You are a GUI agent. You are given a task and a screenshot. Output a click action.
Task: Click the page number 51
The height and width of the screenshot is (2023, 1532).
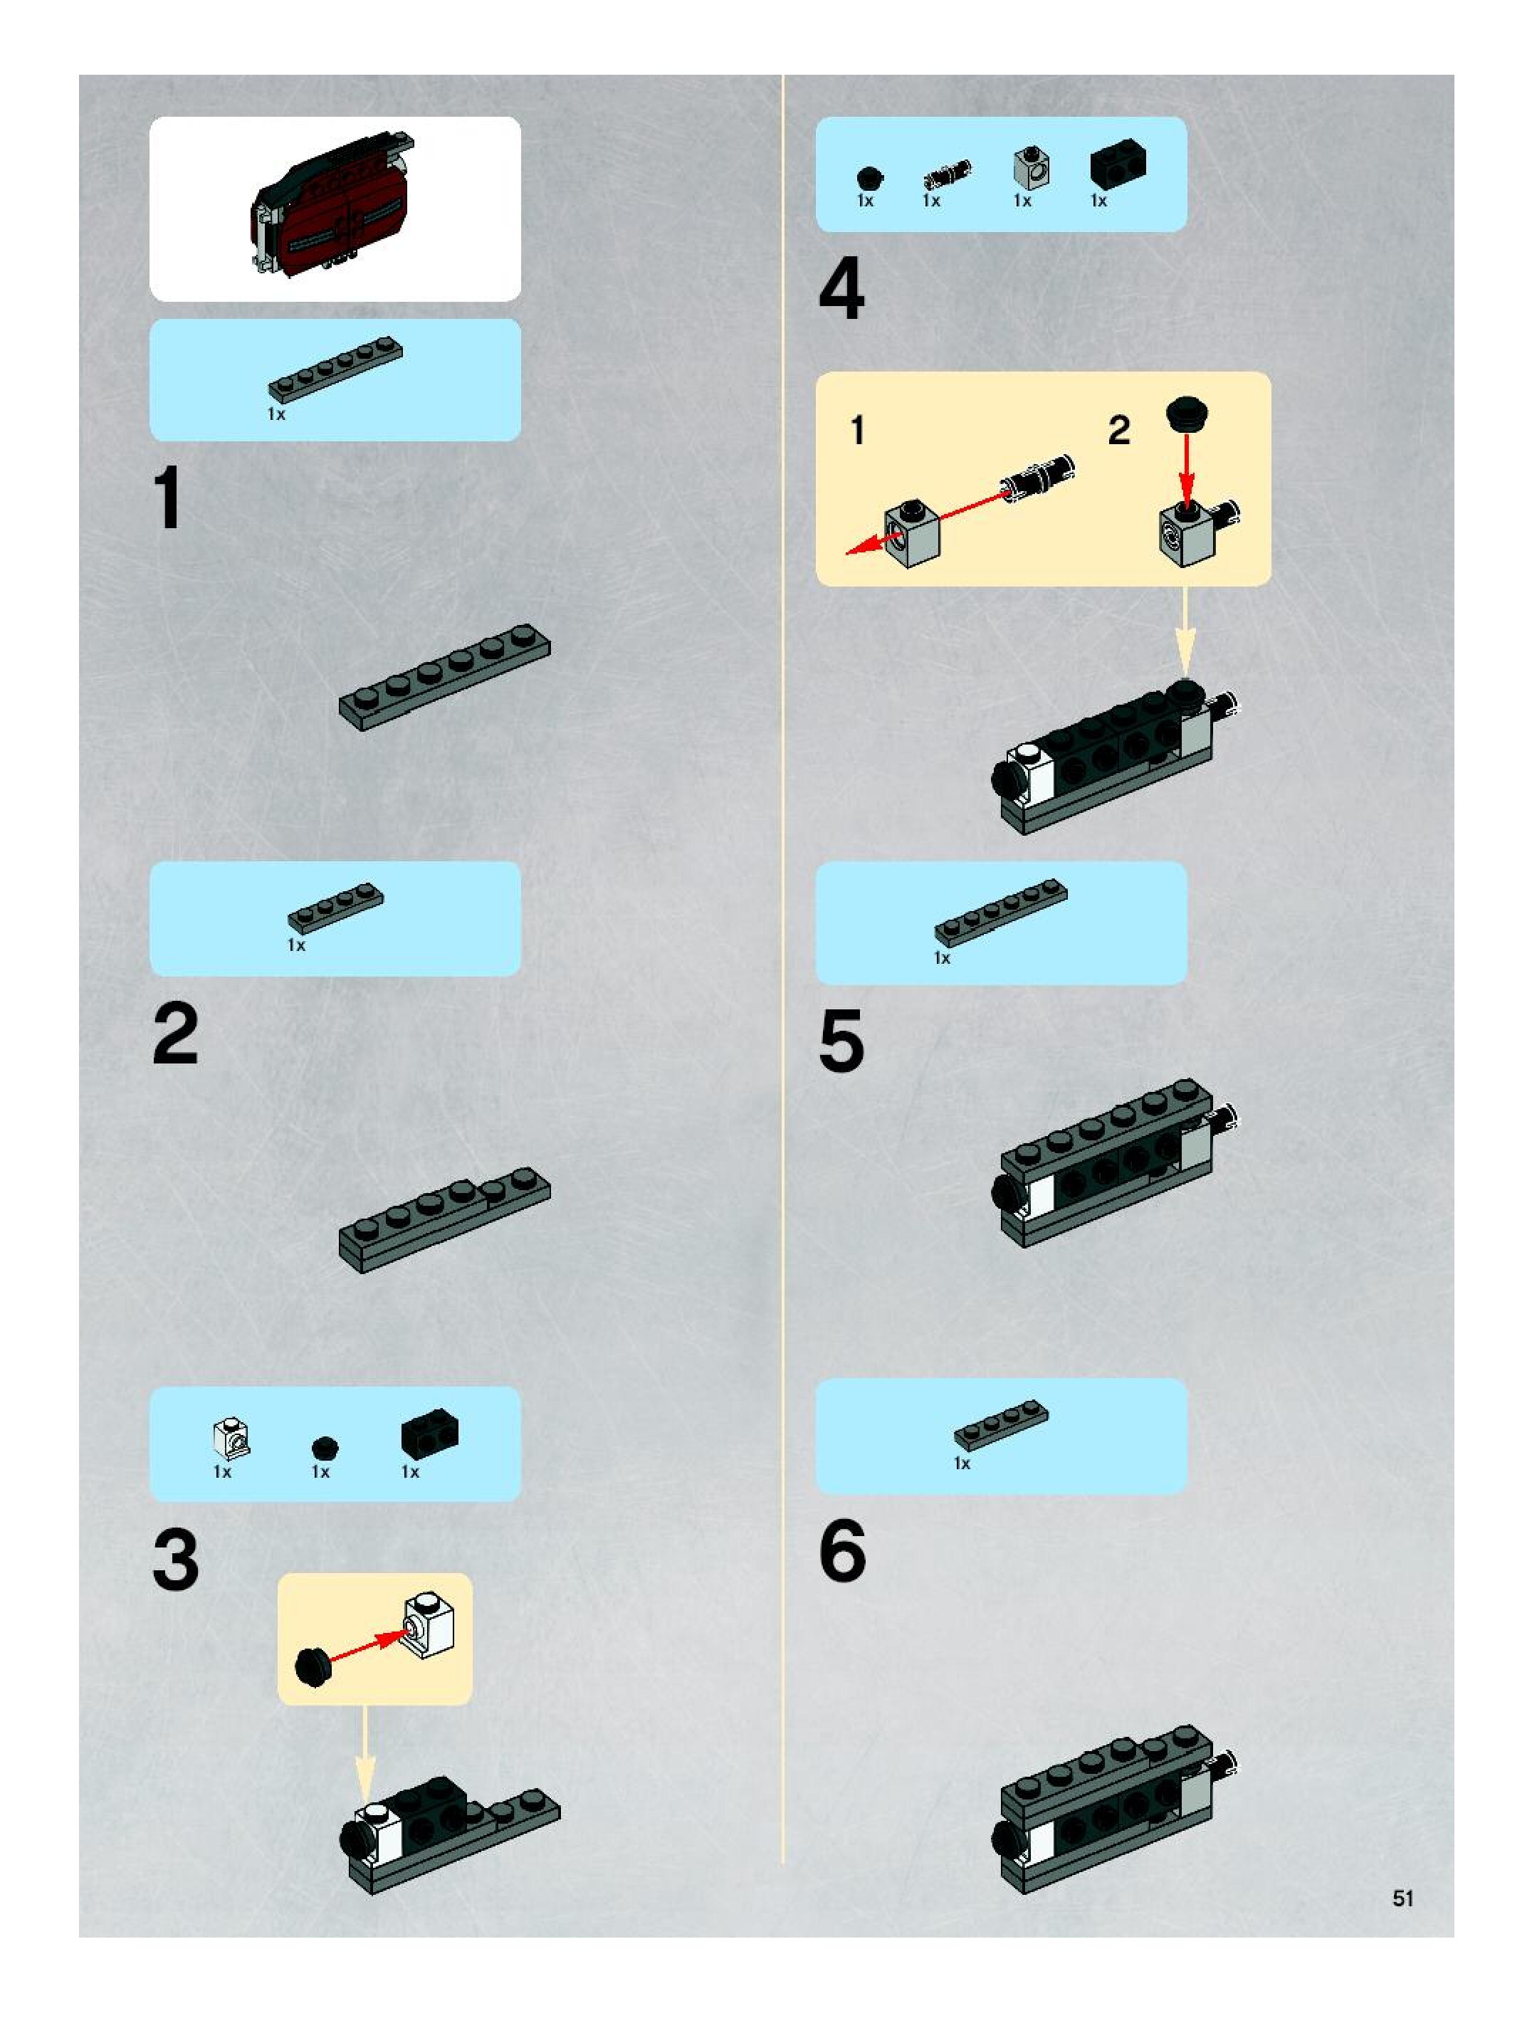[x=1402, y=1898]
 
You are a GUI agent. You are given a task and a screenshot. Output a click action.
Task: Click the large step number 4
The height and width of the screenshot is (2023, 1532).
[x=841, y=288]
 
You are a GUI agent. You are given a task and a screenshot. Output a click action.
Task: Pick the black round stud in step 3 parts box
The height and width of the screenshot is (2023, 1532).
[x=325, y=1448]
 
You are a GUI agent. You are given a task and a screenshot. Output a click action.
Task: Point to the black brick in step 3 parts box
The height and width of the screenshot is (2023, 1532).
[x=430, y=1433]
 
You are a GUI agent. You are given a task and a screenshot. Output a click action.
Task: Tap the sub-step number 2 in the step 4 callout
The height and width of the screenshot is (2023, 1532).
[x=1118, y=431]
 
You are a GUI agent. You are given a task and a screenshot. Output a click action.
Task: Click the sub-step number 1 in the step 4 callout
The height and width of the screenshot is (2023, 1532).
[x=857, y=430]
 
